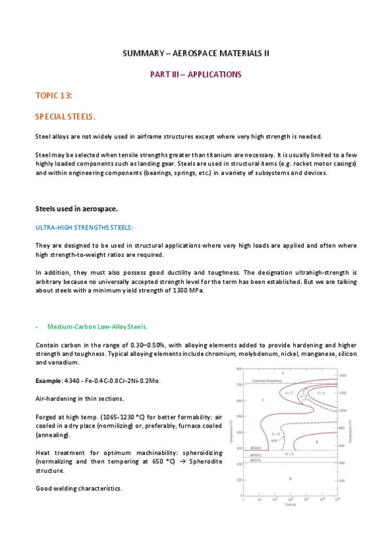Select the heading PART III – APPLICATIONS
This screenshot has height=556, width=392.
pyautogui.click(x=196, y=75)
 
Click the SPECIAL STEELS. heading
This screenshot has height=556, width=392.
pyautogui.click(x=65, y=117)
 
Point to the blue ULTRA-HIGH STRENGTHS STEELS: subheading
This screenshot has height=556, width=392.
pyautogui.click(x=84, y=228)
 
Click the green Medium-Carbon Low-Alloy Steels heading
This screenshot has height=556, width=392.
pyautogui.click(x=98, y=326)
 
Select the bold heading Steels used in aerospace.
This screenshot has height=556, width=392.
pyautogui.click(x=77, y=209)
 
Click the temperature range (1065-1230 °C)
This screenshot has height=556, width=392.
pyautogui.click(x=125, y=417)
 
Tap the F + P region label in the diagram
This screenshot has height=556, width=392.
pyautogui.click(x=321, y=393)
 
